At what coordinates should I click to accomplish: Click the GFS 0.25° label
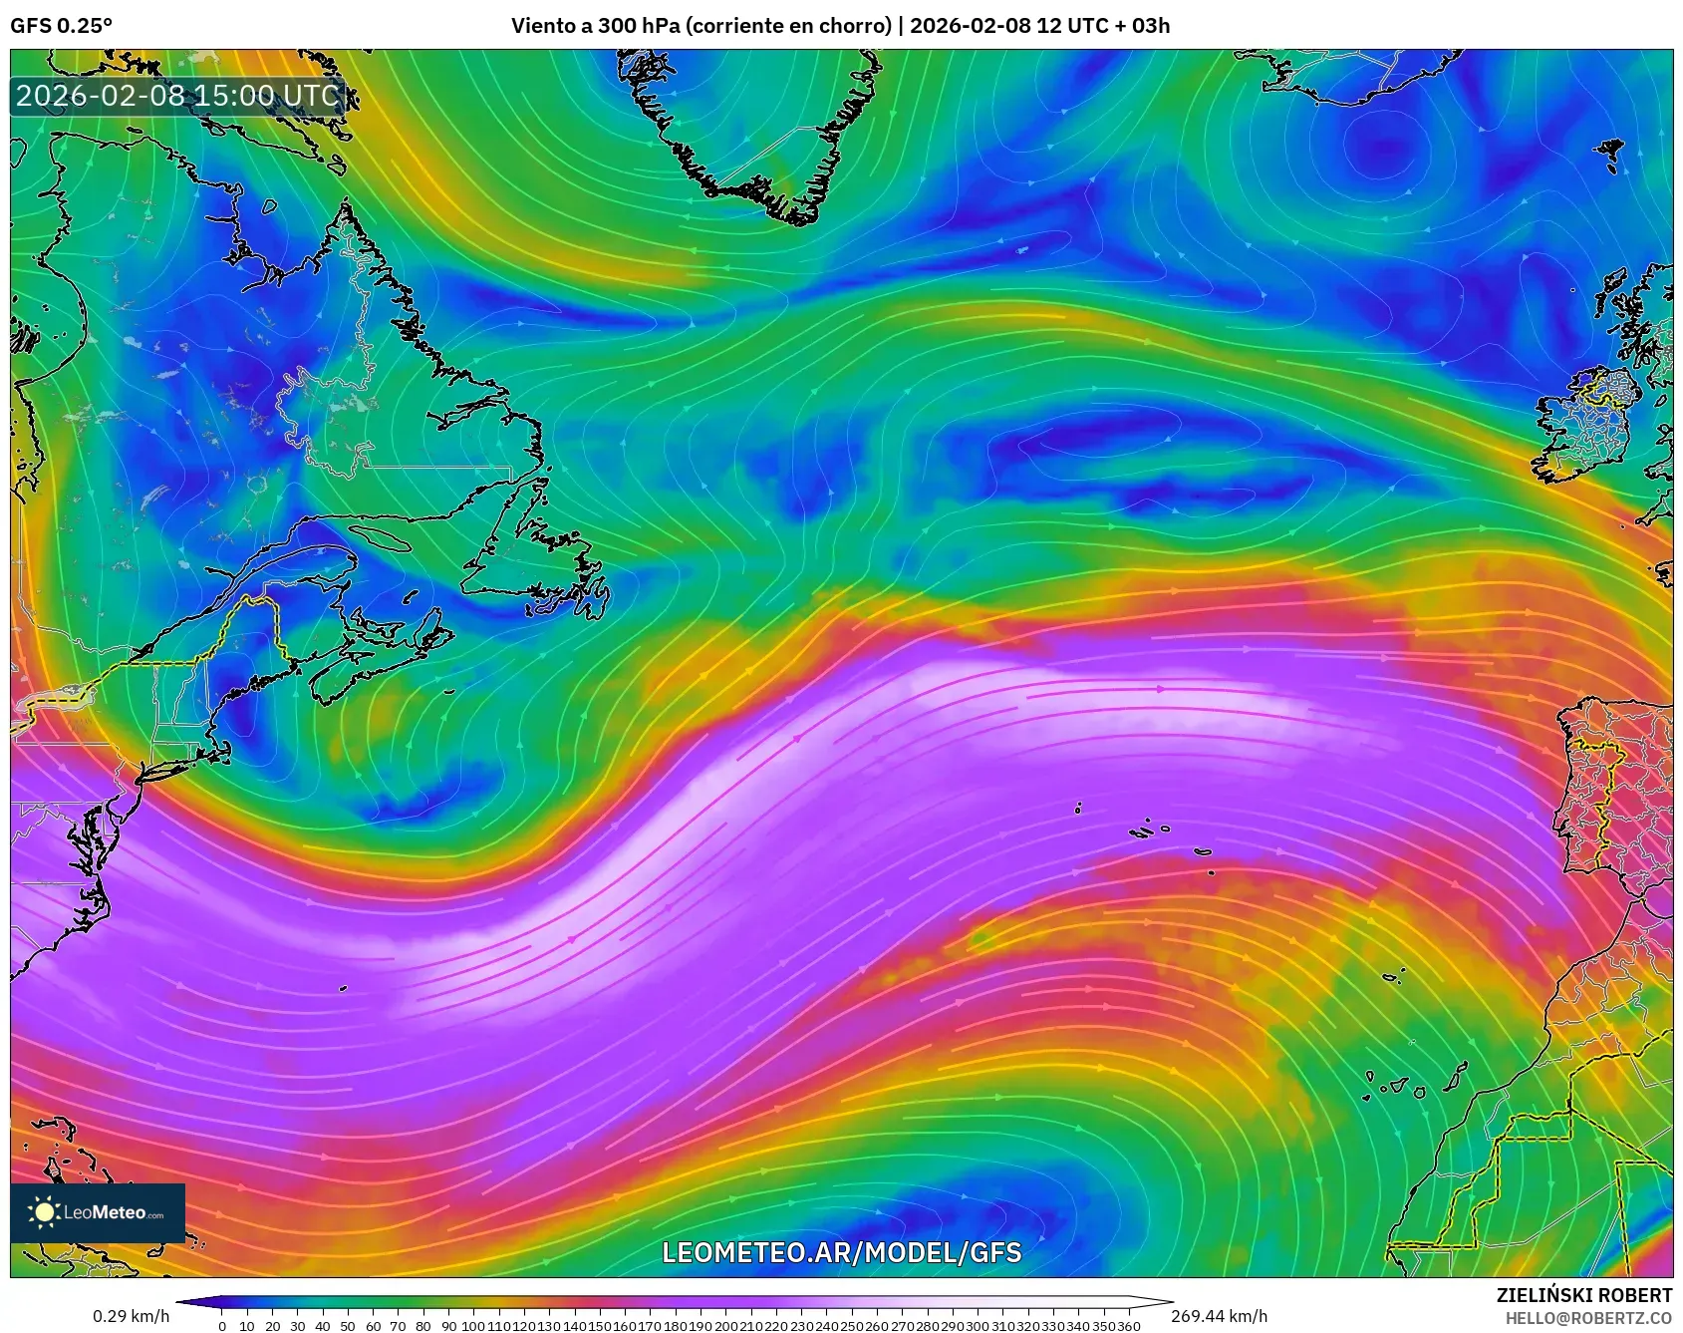(x=61, y=26)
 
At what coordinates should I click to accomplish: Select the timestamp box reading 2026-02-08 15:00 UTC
(x=177, y=96)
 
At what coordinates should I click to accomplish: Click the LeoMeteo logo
(x=98, y=1212)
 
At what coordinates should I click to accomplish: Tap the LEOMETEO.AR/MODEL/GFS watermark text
(x=842, y=1252)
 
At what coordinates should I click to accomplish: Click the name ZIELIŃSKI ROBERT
(x=1584, y=1295)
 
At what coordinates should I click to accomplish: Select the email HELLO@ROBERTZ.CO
(x=1588, y=1318)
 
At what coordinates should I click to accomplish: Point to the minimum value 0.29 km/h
(x=131, y=1316)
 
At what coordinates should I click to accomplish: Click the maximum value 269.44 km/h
(x=1219, y=1316)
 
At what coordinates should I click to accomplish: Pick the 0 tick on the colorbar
(x=222, y=1326)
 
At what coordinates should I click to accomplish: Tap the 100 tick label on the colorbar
(x=473, y=1326)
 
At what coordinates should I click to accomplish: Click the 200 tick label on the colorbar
(x=725, y=1326)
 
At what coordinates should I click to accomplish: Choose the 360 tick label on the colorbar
(x=1129, y=1326)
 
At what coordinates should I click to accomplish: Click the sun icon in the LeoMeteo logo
(x=44, y=1212)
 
